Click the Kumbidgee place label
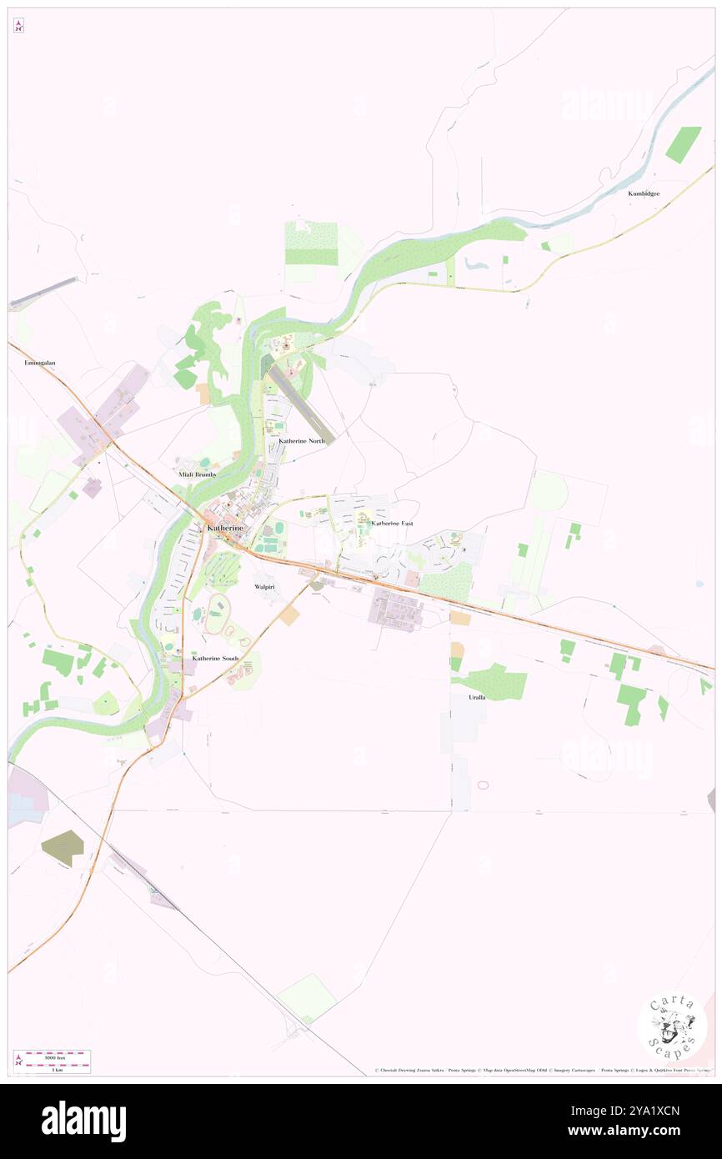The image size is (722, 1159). point(644,193)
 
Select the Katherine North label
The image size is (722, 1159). point(302,439)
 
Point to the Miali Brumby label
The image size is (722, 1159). point(198,474)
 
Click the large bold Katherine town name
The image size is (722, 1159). point(225,529)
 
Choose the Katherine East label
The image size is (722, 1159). point(392,523)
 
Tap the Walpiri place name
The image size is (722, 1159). point(264,587)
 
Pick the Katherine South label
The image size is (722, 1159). point(215,658)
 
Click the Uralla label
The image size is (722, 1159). point(477,696)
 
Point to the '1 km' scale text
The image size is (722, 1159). point(57,1069)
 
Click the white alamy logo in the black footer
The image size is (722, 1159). point(83,1121)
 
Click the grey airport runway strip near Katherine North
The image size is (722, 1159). point(302,407)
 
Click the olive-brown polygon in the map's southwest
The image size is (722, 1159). point(63,848)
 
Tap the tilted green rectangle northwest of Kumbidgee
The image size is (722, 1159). point(684,144)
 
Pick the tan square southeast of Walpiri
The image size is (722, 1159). point(289,616)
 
